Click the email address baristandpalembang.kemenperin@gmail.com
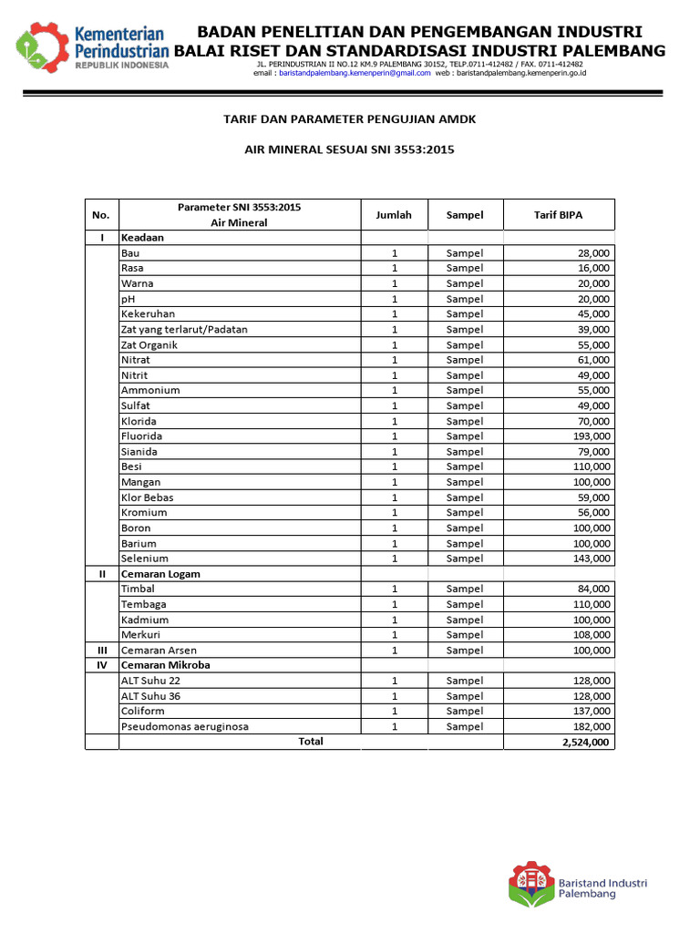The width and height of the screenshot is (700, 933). point(355,73)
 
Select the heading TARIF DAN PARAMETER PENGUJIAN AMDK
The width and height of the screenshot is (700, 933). point(350,119)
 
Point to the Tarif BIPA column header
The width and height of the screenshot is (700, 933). point(558,215)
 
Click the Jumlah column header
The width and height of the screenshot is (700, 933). point(394,215)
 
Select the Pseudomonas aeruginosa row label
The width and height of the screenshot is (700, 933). point(184,726)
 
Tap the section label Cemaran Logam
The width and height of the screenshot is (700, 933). point(160,574)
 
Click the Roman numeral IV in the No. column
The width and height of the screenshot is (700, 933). point(102,665)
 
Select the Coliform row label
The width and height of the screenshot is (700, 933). point(143,711)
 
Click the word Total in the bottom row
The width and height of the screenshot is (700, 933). point(311,742)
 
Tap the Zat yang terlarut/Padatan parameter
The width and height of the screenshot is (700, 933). point(184,329)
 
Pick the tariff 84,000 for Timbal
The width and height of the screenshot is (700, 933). point(594,589)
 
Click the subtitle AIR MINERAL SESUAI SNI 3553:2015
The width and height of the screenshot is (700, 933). point(350,149)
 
